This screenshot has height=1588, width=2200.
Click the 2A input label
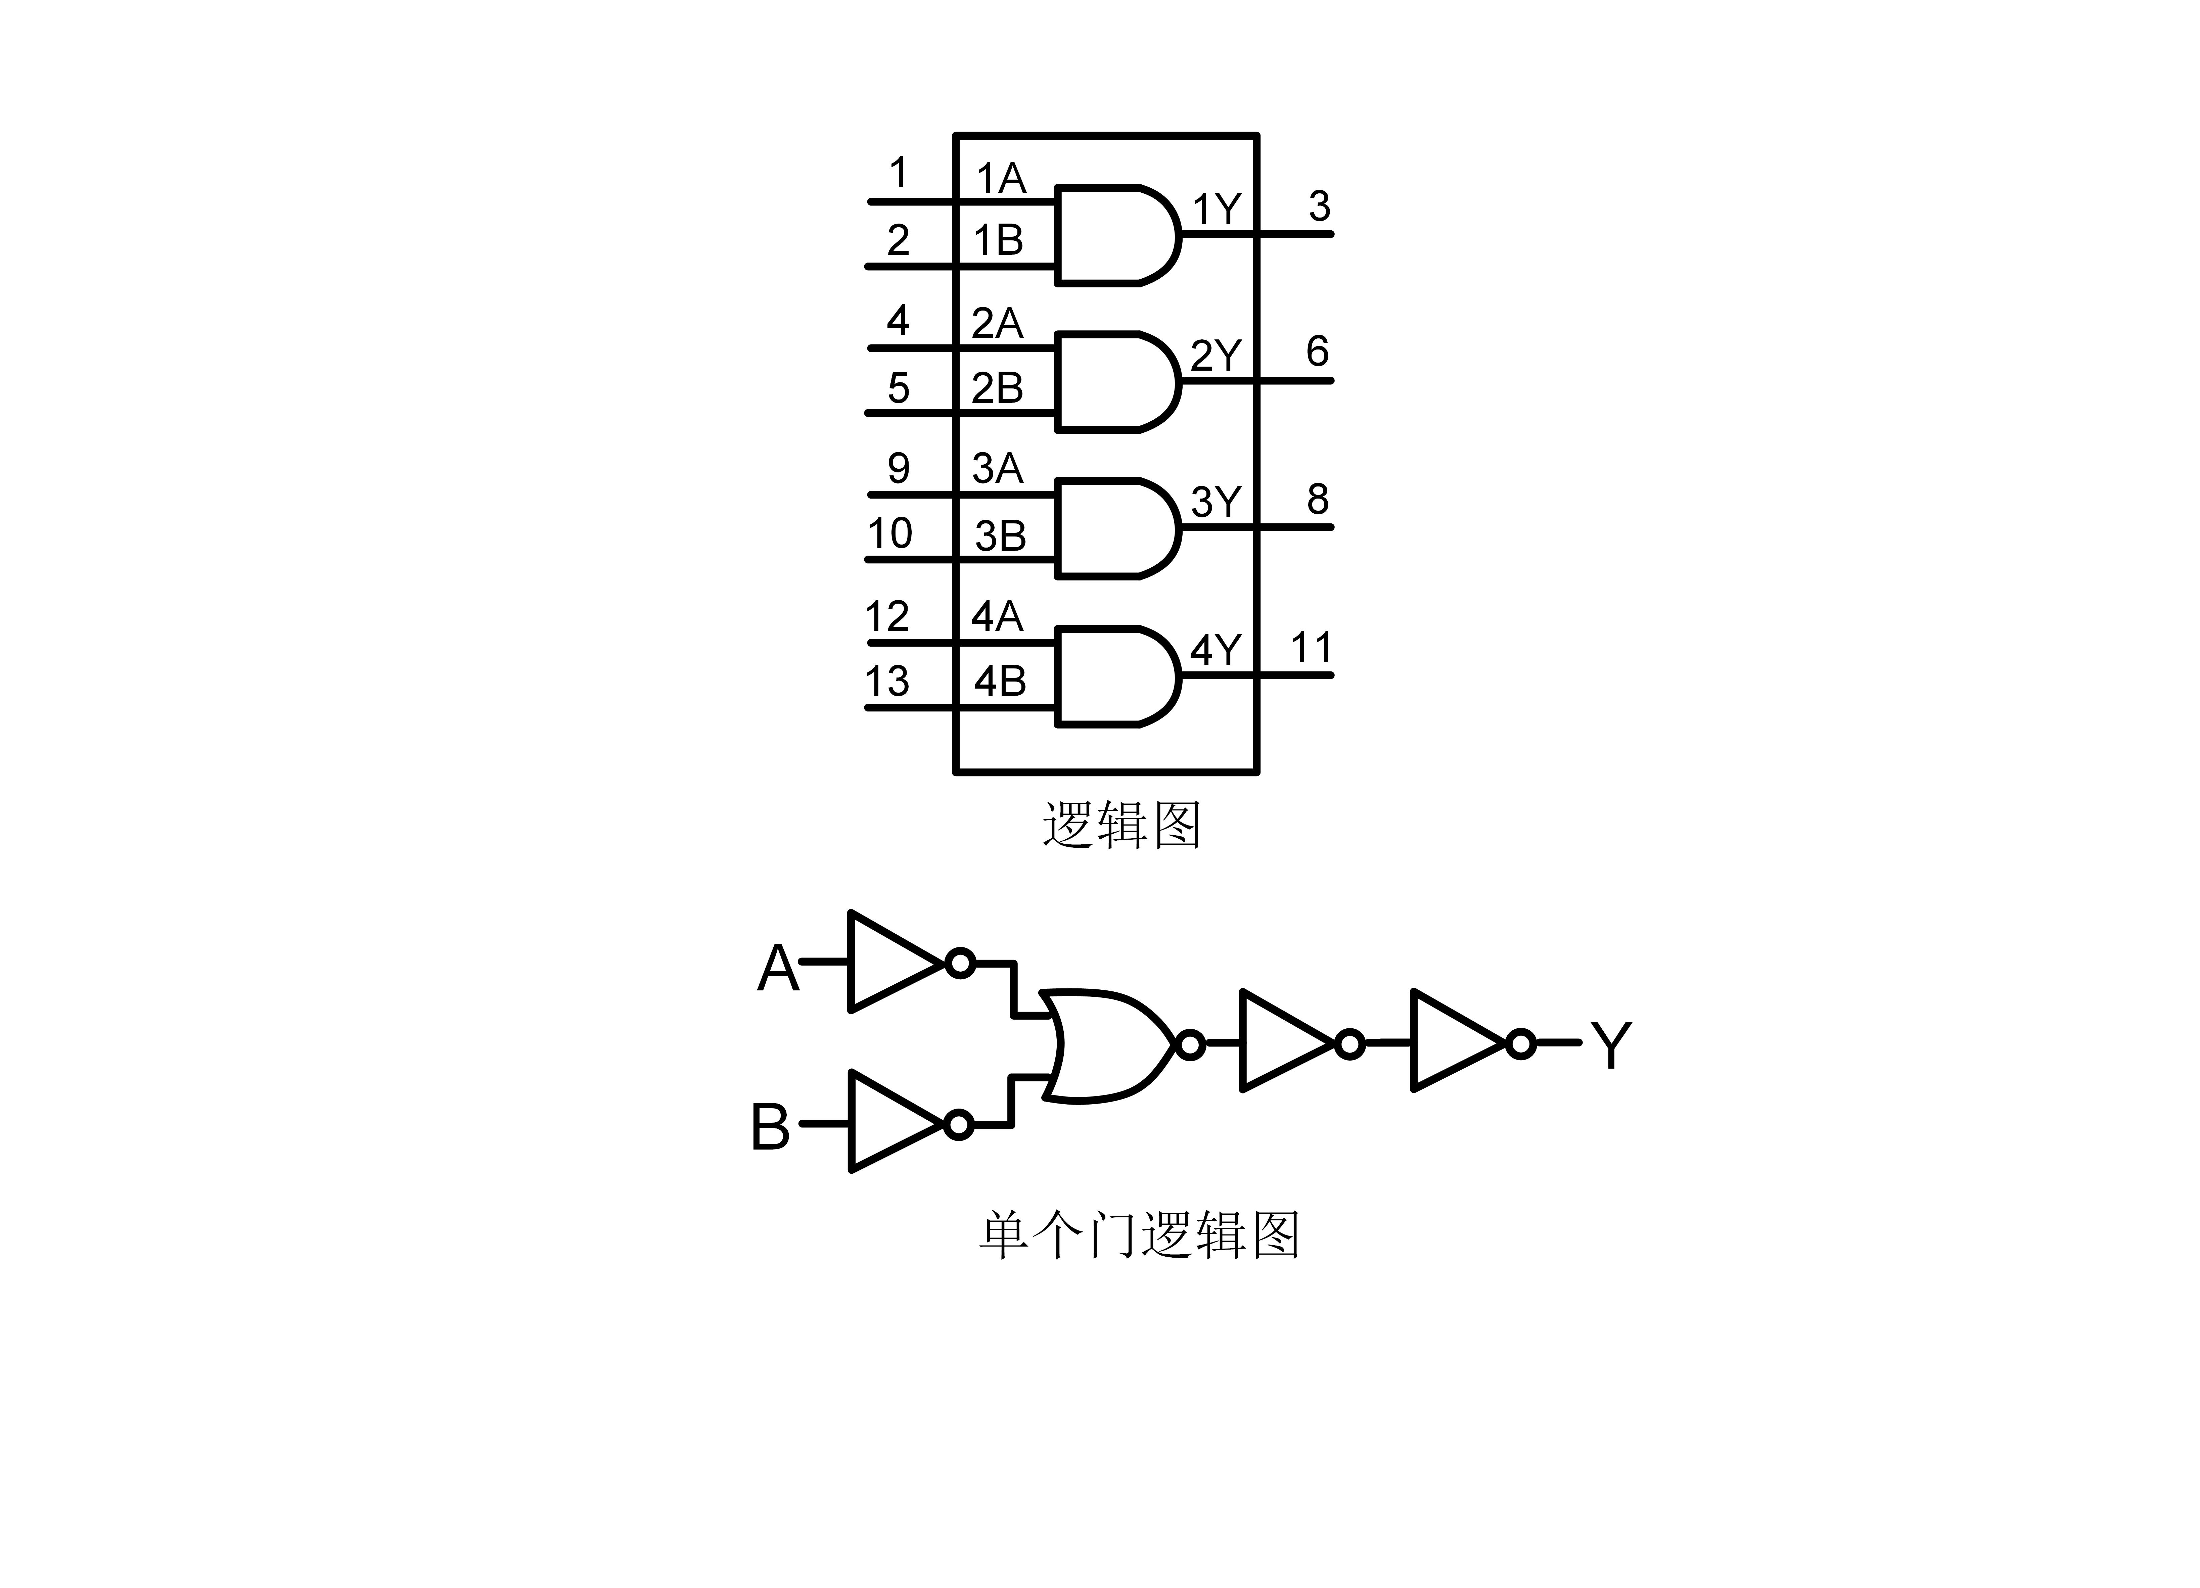tap(996, 323)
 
